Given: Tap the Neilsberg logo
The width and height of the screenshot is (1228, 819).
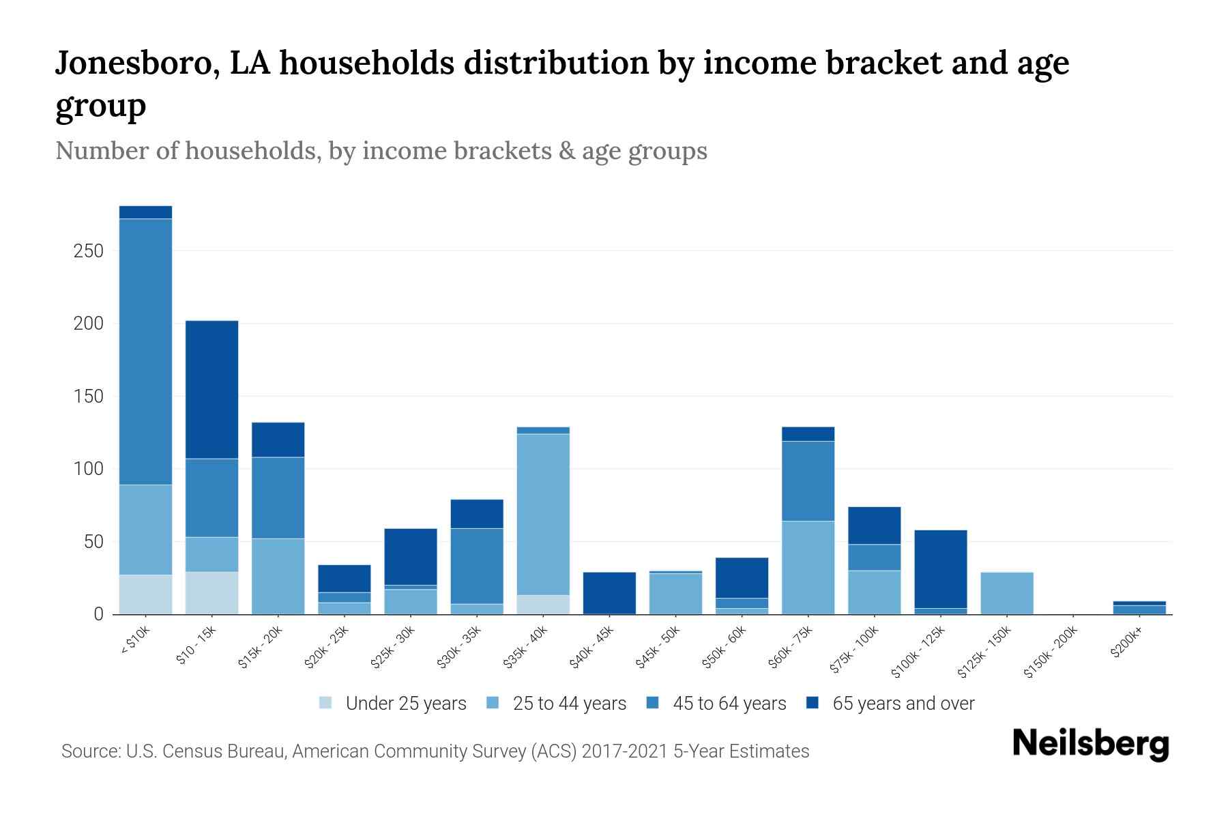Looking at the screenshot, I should tap(1090, 744).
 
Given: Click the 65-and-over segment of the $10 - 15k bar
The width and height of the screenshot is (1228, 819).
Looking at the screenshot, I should tap(212, 389).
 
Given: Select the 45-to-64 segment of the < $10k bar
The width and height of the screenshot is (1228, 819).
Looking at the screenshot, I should tap(145, 351).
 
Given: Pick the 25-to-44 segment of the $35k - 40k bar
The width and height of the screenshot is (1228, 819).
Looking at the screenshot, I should tap(544, 514).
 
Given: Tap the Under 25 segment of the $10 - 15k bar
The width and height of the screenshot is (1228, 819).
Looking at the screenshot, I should tap(212, 592).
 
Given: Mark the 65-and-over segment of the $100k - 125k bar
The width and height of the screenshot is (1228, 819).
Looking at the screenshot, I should tap(941, 569).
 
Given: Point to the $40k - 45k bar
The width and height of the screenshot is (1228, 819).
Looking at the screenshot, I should tap(609, 592).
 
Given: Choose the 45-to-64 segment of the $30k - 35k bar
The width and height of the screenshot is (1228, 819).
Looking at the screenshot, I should tap(477, 566).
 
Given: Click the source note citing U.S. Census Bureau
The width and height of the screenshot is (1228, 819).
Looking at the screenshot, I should tap(435, 751).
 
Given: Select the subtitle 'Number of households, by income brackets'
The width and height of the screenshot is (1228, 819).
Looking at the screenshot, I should tap(381, 151).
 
